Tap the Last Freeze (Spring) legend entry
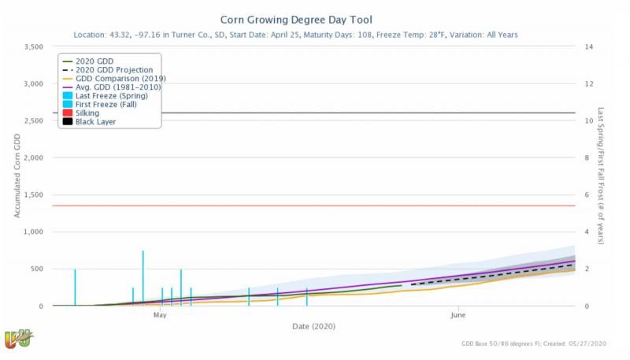[111, 95]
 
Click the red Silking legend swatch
[68, 113]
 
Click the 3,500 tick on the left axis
[31, 47]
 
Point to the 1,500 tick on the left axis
[31, 195]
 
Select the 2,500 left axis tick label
[31, 121]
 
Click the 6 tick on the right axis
[584, 195]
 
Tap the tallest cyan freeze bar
[143, 277]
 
